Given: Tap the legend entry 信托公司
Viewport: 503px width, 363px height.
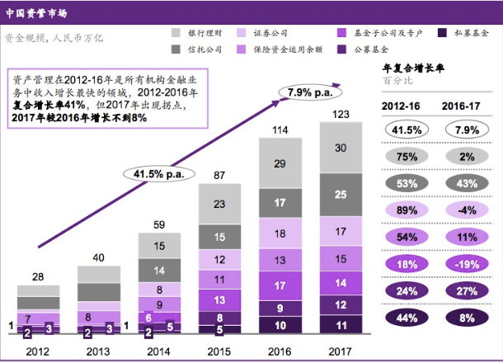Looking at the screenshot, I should (x=201, y=49).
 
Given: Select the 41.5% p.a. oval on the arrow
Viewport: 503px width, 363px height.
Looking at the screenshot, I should (x=157, y=174).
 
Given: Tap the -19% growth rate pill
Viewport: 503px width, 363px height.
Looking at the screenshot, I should (x=465, y=263).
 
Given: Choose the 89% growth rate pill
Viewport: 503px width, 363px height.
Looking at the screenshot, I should (x=404, y=211).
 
